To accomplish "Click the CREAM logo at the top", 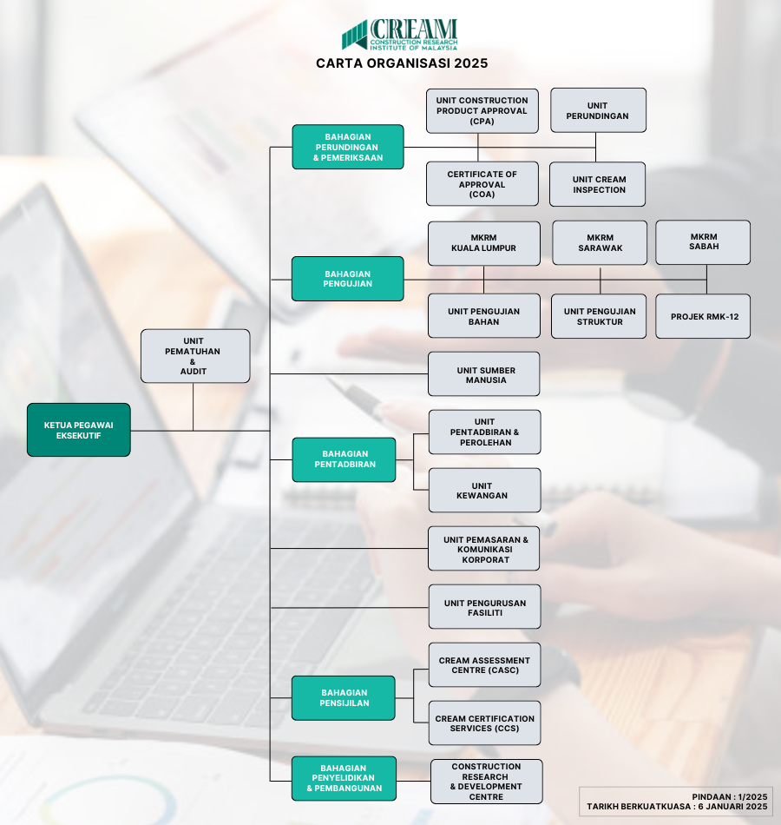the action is [x=400, y=35].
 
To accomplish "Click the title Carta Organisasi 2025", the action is [x=402, y=63].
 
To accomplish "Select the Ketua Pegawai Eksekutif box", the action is [x=79, y=430].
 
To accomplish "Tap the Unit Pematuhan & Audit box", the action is [x=195, y=356].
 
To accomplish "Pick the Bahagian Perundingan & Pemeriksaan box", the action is [x=348, y=147].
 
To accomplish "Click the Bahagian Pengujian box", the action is [x=348, y=279].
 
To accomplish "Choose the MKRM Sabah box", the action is [x=703, y=242].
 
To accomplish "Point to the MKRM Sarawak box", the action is [x=600, y=242].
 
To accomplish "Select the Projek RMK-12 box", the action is [x=703, y=316].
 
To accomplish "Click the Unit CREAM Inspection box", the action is [x=597, y=184].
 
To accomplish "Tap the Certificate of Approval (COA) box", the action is [x=482, y=183].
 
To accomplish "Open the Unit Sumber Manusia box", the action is [x=484, y=374].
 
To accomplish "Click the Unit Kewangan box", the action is [x=485, y=491].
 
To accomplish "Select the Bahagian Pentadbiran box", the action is [x=344, y=459].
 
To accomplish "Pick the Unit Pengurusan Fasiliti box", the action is [x=485, y=607].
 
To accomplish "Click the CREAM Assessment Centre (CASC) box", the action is [x=485, y=664].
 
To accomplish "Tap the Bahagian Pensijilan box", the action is [x=344, y=698].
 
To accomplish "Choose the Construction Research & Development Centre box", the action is [x=487, y=782].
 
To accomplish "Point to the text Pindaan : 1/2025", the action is [x=730, y=796].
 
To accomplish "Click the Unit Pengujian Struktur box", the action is [x=599, y=316].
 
